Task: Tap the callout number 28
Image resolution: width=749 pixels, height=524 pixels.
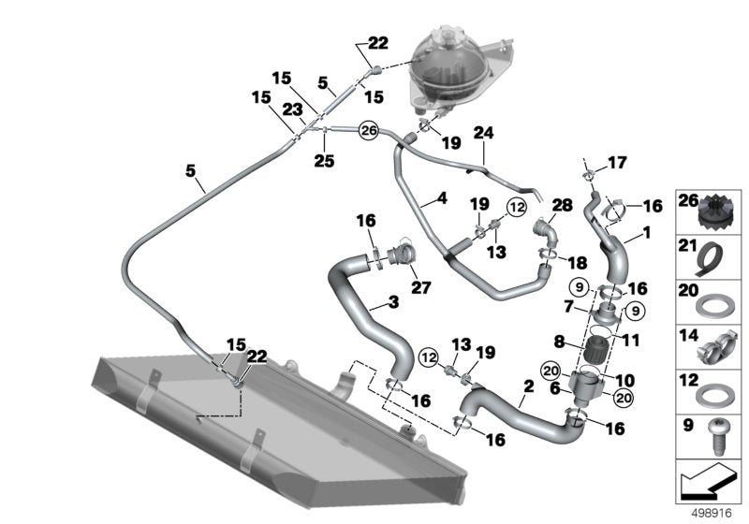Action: point(561,204)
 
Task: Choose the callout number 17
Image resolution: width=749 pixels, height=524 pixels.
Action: point(615,163)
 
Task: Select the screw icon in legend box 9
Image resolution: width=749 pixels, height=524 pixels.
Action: point(716,436)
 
